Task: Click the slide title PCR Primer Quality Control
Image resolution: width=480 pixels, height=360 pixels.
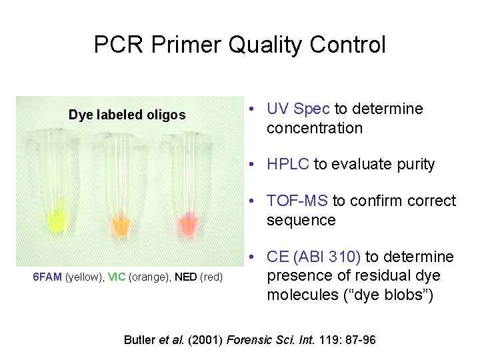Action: [239, 45]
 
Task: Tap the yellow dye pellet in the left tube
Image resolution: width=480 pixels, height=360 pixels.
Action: [55, 217]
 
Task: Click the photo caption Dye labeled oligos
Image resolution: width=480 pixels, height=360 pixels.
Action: [127, 115]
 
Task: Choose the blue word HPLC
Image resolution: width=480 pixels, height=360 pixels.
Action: [287, 164]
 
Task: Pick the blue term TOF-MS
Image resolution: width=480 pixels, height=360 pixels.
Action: [297, 201]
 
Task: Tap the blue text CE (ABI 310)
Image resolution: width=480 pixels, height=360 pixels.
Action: [313, 257]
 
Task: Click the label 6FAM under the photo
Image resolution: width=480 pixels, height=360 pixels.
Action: [47, 277]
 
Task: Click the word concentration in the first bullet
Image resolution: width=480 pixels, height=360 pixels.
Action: [314, 128]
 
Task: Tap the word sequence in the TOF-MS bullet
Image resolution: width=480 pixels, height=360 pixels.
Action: [301, 220]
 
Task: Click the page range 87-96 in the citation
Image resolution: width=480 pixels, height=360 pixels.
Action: [358, 340]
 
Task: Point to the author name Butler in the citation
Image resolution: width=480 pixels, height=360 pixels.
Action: [139, 340]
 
